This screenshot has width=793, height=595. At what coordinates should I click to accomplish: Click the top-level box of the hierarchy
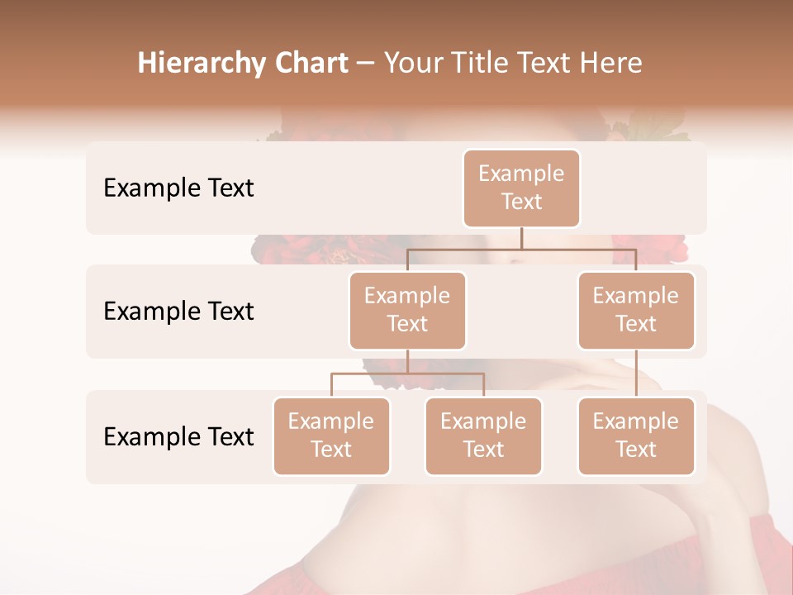tap(521, 188)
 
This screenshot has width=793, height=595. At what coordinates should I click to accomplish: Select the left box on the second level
tap(407, 311)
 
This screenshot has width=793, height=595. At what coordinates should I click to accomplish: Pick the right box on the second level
tap(636, 311)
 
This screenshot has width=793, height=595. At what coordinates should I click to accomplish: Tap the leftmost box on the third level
tap(331, 436)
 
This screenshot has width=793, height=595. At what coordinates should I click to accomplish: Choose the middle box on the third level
tap(483, 436)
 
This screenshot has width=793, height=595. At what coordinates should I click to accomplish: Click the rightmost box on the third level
tap(636, 436)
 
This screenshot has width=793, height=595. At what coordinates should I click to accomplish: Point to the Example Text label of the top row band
tap(178, 188)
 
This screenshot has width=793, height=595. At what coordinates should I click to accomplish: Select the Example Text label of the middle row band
tap(178, 312)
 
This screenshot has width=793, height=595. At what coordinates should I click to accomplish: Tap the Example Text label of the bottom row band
tap(178, 436)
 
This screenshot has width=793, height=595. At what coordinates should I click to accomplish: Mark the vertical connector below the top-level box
tap(521, 238)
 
